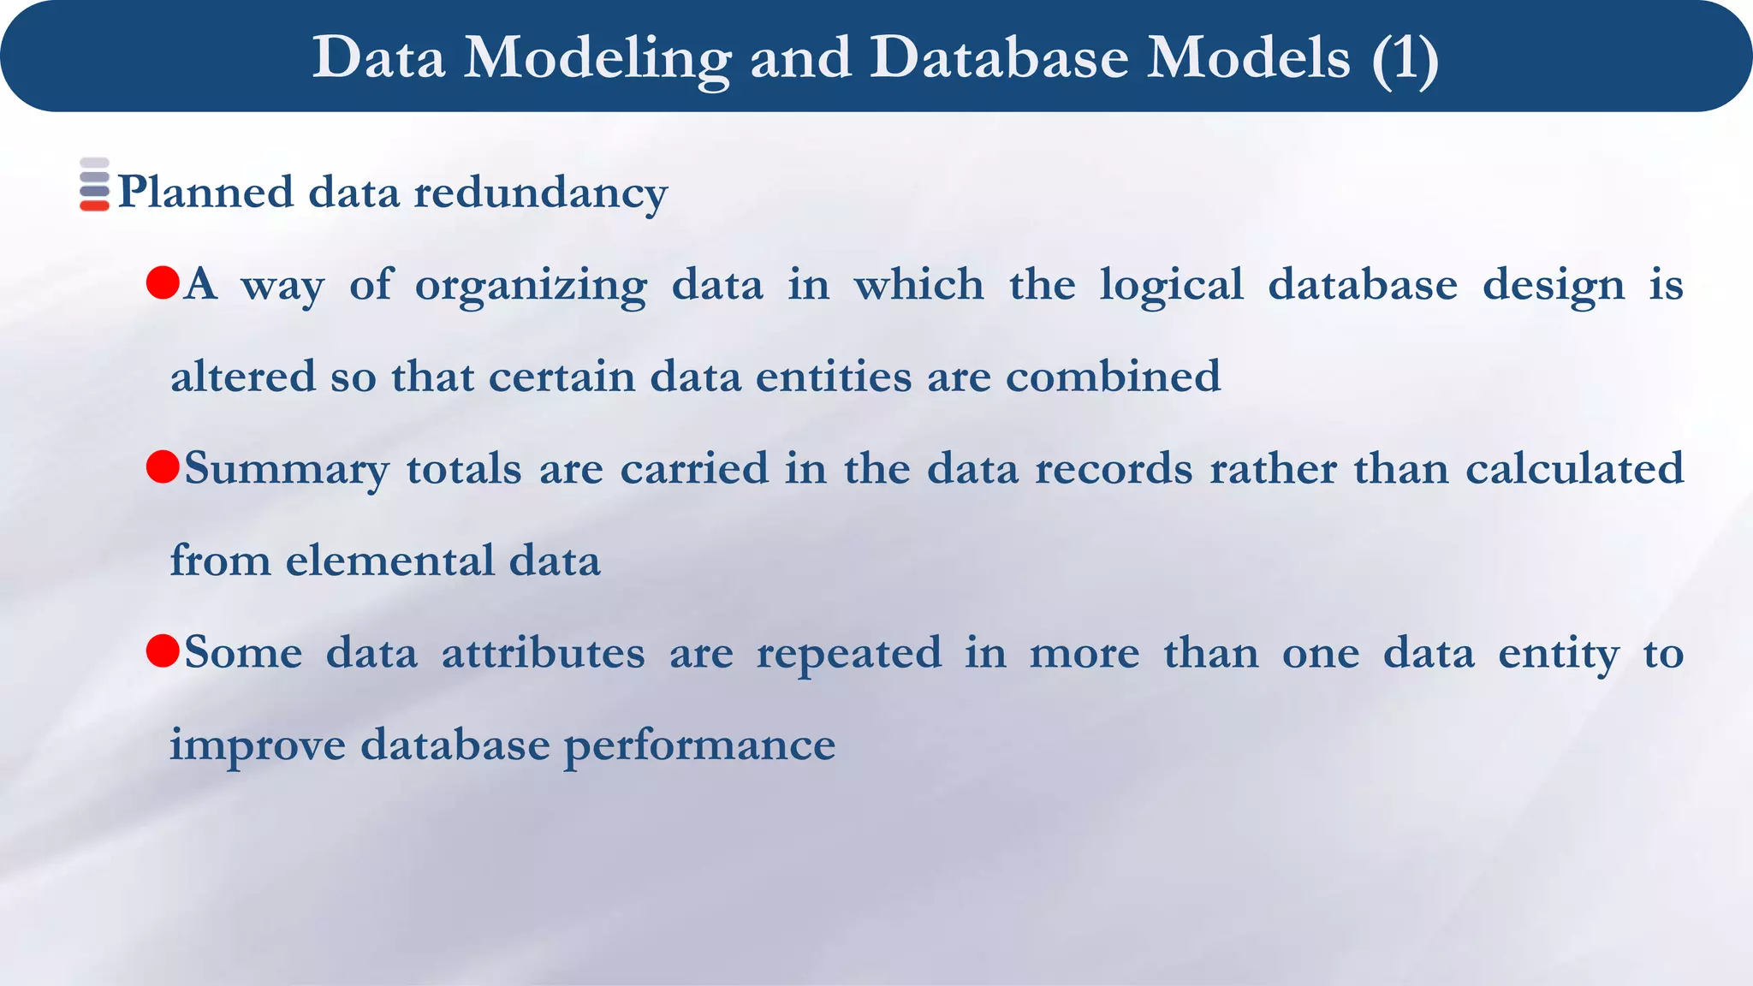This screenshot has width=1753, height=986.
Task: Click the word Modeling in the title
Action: coord(597,58)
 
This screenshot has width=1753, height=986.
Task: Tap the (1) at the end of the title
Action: coord(1405,58)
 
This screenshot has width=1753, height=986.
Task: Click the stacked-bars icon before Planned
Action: coord(94,184)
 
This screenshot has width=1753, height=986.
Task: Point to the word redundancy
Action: coord(540,193)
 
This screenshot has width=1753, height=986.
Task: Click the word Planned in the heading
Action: coord(205,193)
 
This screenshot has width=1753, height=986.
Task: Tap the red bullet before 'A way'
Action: coord(163,282)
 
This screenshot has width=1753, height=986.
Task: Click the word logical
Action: coord(1171,285)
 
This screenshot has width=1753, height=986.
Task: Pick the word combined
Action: coord(1113,377)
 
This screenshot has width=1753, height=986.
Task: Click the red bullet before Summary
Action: coord(163,466)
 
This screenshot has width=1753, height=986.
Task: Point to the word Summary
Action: coord(286,470)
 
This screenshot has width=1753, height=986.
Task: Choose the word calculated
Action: coord(1574,468)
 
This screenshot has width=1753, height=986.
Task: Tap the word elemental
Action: coord(389,561)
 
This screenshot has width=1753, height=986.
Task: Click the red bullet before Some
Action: coord(163,650)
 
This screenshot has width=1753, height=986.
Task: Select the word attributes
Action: coord(543,653)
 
